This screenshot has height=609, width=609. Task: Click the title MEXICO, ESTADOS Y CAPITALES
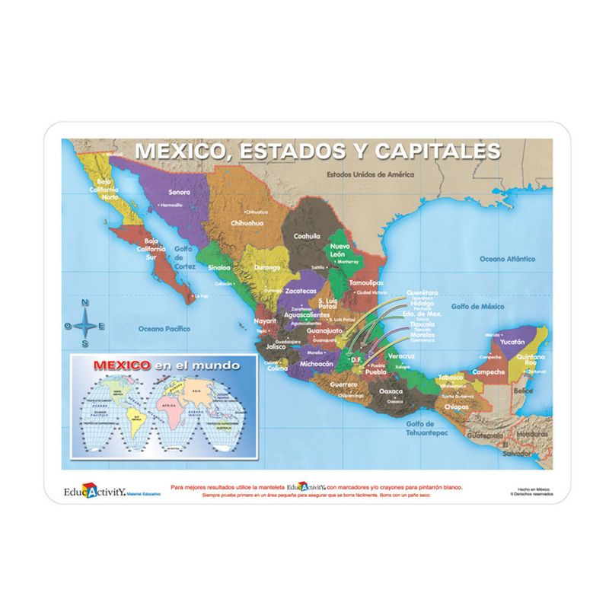[317, 150]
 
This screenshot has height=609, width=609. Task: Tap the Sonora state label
[179, 192]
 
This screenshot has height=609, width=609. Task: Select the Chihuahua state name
[247, 223]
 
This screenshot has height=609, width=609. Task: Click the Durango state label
[267, 268]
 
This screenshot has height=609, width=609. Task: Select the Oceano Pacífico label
[164, 329]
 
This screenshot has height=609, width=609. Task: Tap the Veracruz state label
[400, 356]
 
